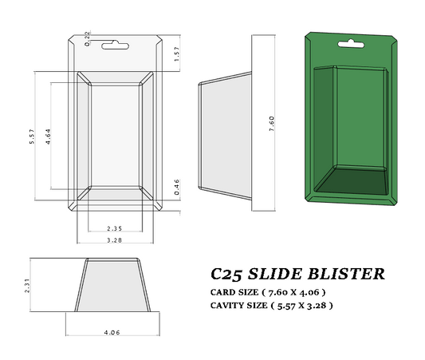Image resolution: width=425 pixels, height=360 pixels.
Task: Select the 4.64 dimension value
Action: [x=49, y=136]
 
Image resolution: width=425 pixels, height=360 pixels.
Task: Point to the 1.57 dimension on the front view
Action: [x=176, y=54]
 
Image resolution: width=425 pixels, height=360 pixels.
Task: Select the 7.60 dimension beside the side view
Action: [x=272, y=123]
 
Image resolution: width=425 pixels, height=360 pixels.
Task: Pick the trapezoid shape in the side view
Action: [x=225, y=136]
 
